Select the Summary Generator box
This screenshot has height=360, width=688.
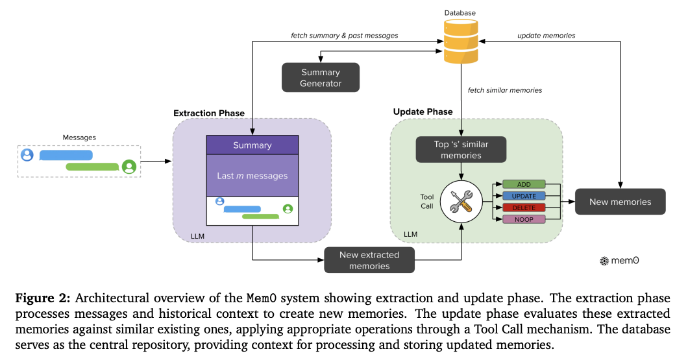[x=320, y=78]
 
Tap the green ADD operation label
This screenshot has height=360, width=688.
[x=523, y=185]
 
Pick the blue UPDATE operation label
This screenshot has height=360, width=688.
[x=523, y=196]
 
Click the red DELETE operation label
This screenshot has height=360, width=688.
[x=523, y=208]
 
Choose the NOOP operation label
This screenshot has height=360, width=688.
[x=523, y=219]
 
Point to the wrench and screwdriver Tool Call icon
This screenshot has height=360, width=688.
[x=461, y=202]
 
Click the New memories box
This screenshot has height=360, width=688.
[x=620, y=202]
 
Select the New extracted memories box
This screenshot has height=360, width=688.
[x=369, y=260]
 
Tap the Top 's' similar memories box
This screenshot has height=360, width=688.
[x=461, y=150]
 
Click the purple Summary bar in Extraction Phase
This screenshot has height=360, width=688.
[x=252, y=145]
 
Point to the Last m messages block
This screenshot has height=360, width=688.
[x=252, y=176]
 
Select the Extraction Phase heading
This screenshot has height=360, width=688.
[x=209, y=114]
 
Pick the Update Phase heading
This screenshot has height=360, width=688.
[x=423, y=112]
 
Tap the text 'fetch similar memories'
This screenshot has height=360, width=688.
[x=505, y=90]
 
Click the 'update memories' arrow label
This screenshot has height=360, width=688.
[x=546, y=35]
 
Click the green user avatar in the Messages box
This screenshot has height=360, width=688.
[x=130, y=167]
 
